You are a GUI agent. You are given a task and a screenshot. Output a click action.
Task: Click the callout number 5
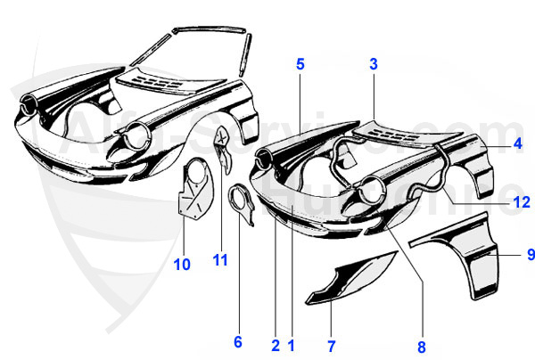[300, 64]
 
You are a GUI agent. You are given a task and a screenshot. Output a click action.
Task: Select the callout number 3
[373, 64]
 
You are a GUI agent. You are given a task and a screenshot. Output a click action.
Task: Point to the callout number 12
[518, 202]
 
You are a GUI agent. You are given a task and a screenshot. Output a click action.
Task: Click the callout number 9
[530, 255]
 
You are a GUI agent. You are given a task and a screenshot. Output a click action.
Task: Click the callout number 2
[276, 342]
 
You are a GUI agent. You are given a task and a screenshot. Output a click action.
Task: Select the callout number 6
[238, 340]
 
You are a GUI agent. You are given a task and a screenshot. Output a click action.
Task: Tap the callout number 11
[220, 260]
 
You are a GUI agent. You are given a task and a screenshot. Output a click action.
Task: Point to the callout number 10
[181, 265]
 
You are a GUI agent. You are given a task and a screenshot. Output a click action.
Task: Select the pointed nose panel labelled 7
[352, 278]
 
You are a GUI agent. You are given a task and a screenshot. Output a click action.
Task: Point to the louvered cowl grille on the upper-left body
[164, 82]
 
